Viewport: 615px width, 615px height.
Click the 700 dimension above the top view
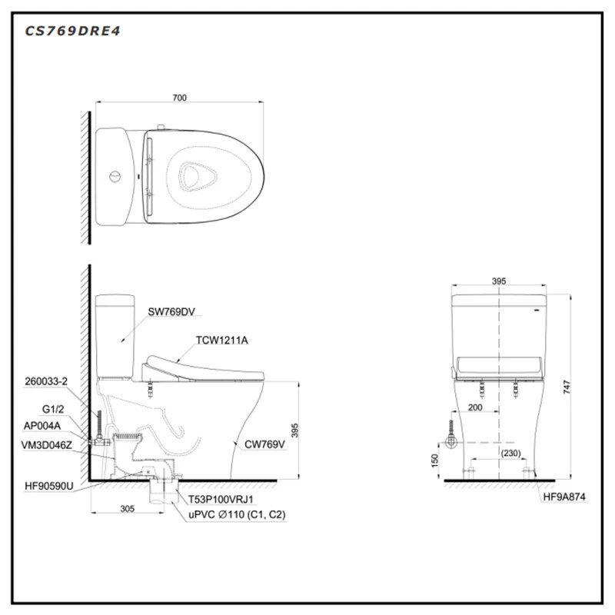(x=179, y=98)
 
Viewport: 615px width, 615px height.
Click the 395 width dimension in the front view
(x=498, y=282)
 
